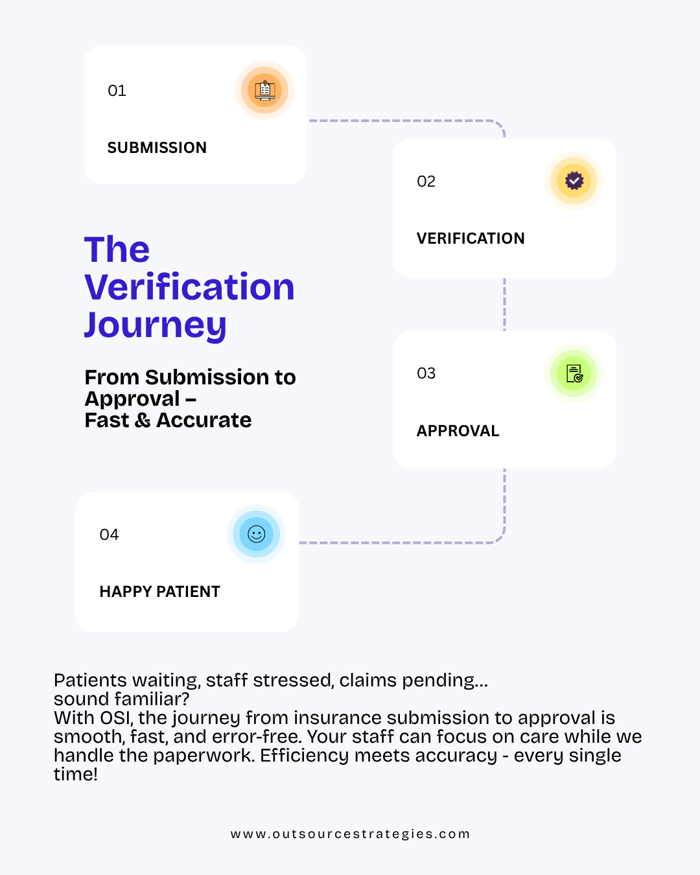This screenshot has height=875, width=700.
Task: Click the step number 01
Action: pos(117,90)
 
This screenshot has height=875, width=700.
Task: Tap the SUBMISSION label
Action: pos(157,148)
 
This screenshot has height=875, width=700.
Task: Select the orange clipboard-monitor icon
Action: pos(265,90)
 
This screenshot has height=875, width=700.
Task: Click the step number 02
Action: pos(426,181)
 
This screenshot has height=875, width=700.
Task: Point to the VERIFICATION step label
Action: pos(471,239)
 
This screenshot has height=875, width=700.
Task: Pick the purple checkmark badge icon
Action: pos(574,181)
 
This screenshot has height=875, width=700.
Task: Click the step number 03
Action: pos(426,373)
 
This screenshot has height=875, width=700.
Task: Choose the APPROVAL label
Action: pos(458,430)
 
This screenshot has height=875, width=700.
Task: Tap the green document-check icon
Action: pos(574,373)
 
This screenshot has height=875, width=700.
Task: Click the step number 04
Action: pos(109,534)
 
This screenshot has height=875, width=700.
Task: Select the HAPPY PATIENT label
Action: pos(160,592)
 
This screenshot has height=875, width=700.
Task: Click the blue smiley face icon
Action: pos(256,534)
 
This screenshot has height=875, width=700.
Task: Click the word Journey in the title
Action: pos(155,325)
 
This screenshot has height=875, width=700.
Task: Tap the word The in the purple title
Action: pos(117,250)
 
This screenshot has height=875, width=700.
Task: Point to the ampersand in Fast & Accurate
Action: pos(143,420)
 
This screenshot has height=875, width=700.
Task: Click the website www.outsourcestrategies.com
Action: pos(350,834)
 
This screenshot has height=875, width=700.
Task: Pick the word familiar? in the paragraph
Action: pos(152,699)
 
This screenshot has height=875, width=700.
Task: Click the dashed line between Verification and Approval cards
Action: pos(504,304)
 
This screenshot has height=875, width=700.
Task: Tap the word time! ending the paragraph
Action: pos(76,774)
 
